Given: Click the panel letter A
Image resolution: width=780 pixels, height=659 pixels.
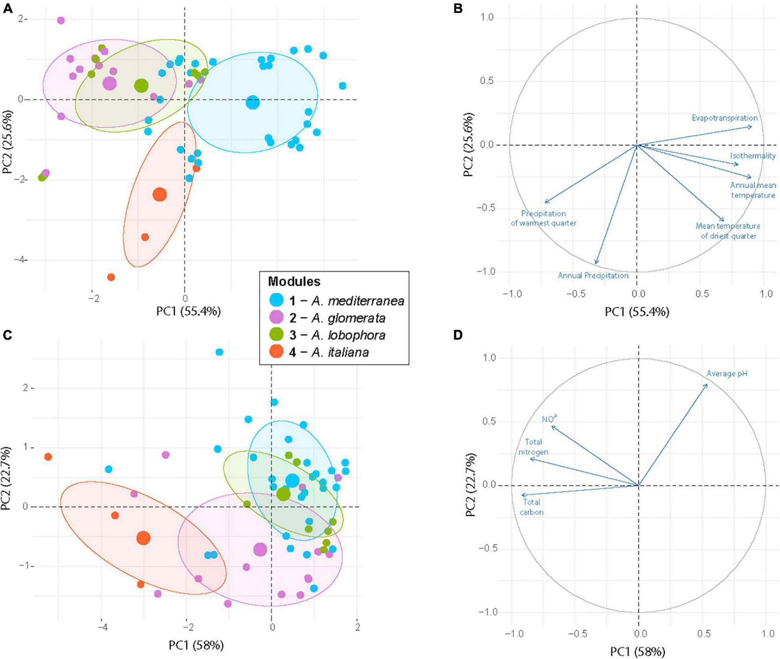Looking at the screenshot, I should pyautogui.click(x=8, y=8).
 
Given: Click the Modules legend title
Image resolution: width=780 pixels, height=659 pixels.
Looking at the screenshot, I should pyautogui.click(x=294, y=282).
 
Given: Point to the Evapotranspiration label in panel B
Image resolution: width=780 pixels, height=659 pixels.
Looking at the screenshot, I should pyautogui.click(x=725, y=118).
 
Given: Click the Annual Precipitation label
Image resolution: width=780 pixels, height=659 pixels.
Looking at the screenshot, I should pyautogui.click(x=593, y=276).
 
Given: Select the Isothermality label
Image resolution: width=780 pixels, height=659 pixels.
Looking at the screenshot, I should pyautogui.click(x=753, y=156).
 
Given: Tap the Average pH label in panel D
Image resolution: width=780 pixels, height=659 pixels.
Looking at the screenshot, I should pyautogui.click(x=727, y=374).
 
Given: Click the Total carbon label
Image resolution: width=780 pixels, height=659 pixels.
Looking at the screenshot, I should pyautogui.click(x=531, y=507).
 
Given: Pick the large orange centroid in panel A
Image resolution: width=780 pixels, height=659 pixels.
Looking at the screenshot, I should pyautogui.click(x=160, y=194).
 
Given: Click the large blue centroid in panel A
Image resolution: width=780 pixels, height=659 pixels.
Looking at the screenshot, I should pyautogui.click(x=253, y=103).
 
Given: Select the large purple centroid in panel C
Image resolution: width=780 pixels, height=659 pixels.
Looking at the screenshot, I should pyautogui.click(x=260, y=549).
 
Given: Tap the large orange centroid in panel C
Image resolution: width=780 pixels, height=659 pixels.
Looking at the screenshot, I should pyautogui.click(x=143, y=538).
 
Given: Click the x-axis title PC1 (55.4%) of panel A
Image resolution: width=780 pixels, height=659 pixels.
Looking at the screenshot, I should pyautogui.click(x=188, y=311).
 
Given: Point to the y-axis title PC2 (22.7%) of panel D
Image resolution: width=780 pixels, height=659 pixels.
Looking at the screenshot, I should pyautogui.click(x=470, y=484).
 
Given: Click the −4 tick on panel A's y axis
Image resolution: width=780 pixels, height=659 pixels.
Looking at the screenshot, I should pyautogui.click(x=17, y=260).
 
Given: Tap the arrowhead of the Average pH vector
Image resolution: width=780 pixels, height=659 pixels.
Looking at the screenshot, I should pyautogui.click(x=707, y=385).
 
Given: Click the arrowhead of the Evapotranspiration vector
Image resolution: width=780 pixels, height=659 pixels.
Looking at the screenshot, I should pyautogui.click(x=751, y=127).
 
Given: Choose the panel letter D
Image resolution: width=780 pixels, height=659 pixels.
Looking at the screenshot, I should pyautogui.click(x=458, y=335).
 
